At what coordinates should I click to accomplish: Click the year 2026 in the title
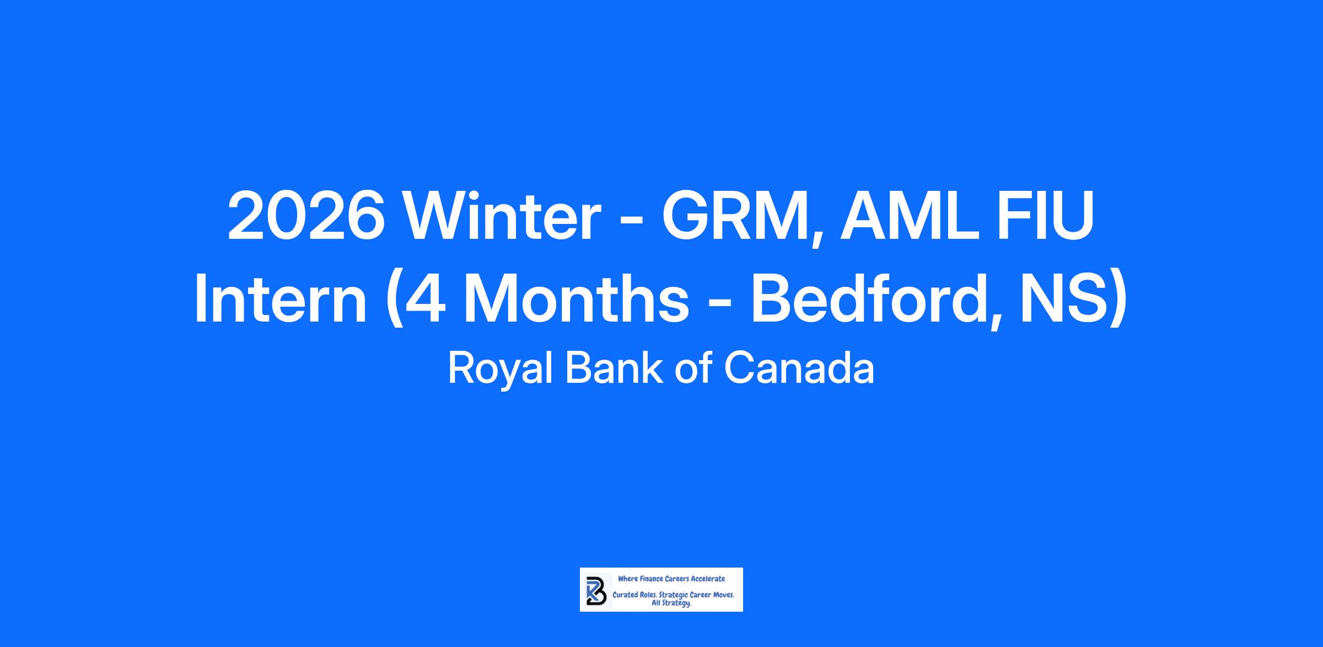pyautogui.click(x=306, y=216)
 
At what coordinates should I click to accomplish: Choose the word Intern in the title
pyautogui.click(x=281, y=297)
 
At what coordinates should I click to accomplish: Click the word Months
pyautogui.click(x=577, y=297)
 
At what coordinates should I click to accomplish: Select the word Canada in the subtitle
pyautogui.click(x=799, y=368)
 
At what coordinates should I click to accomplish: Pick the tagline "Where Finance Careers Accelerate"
pyautogui.click(x=671, y=579)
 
